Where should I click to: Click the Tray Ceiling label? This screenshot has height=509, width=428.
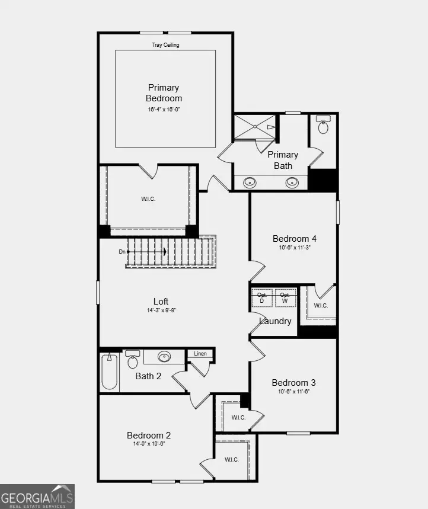165,45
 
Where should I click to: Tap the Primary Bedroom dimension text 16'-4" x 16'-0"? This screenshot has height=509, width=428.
164,110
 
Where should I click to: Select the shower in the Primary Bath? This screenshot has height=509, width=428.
255,127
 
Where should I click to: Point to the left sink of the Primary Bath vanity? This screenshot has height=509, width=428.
250,183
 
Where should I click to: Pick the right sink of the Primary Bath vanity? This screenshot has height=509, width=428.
292,183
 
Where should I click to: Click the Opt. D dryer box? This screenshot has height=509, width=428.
262,297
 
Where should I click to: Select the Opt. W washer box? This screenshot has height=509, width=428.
285,297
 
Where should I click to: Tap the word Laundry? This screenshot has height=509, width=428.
275,321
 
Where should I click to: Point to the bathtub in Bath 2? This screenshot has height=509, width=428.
109,372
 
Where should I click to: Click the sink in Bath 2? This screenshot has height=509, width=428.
164,357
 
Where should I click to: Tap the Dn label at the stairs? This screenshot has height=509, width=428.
122,252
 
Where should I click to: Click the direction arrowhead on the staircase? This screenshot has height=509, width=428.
165,252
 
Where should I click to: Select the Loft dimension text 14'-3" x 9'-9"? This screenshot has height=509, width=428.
161,310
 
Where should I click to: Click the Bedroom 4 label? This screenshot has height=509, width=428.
295,239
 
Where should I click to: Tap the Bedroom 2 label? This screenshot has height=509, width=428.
149,435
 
